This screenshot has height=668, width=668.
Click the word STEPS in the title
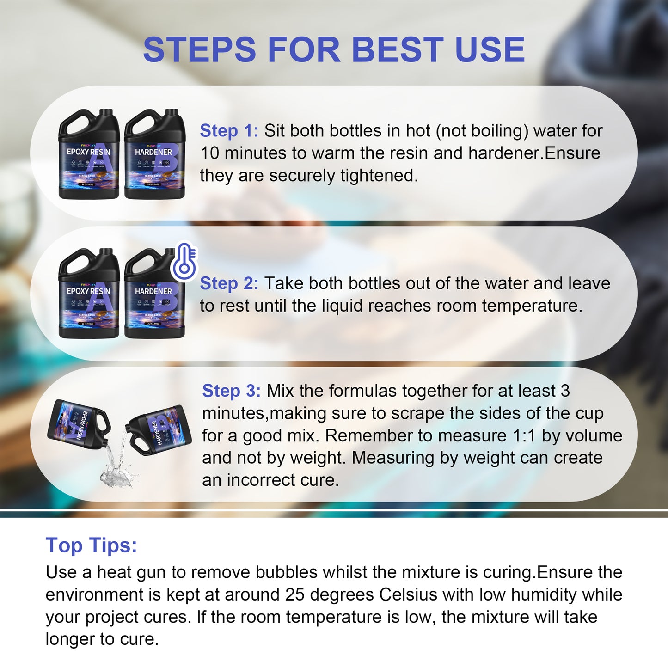[x=199, y=49]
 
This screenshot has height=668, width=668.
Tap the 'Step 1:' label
[x=229, y=131]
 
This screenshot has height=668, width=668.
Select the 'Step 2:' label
[x=229, y=283]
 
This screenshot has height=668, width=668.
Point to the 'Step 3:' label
[x=231, y=391]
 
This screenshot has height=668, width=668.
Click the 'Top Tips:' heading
[x=91, y=545]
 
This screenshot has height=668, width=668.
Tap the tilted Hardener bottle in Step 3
[x=159, y=430]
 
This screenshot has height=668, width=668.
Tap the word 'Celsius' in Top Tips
[x=408, y=595]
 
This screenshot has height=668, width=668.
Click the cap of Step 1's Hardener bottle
[x=172, y=113]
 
